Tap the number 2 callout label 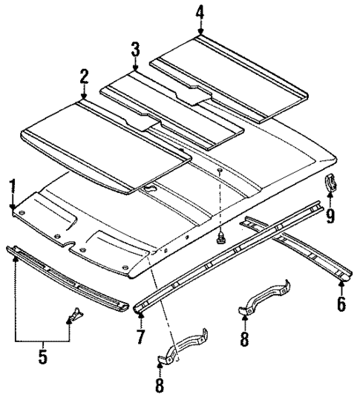pyautogui.click(x=83, y=76)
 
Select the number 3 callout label pyautogui.click(x=135, y=50)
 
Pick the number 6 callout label pyautogui.click(x=341, y=304)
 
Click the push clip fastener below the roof pyautogui.click(x=220, y=237)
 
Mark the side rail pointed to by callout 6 pyautogui.click(x=297, y=245)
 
